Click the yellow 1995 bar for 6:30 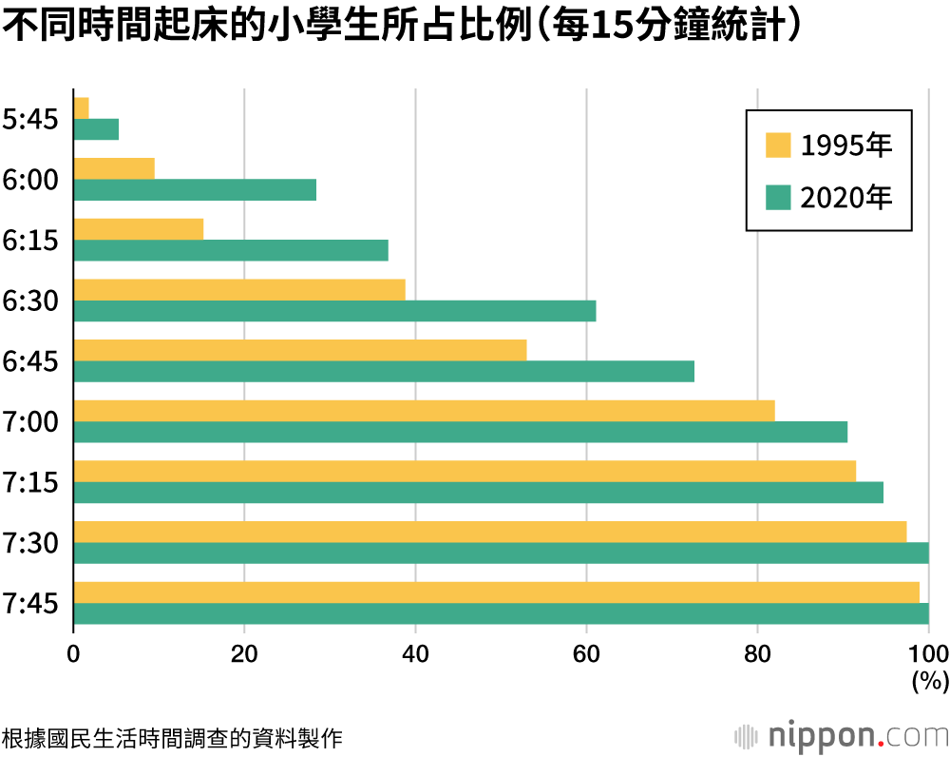(239, 289)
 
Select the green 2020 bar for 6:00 (195, 189)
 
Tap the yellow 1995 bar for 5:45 (82, 107)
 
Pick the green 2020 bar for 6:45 (384, 371)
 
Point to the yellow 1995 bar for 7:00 (424, 410)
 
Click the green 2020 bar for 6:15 (231, 250)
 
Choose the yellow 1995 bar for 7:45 (496, 592)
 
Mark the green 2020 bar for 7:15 (478, 493)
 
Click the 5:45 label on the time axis (30, 120)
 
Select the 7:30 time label (30, 543)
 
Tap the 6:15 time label (30, 241)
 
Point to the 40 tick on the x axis (415, 653)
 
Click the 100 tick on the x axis (929, 653)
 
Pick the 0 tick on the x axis (73, 653)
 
